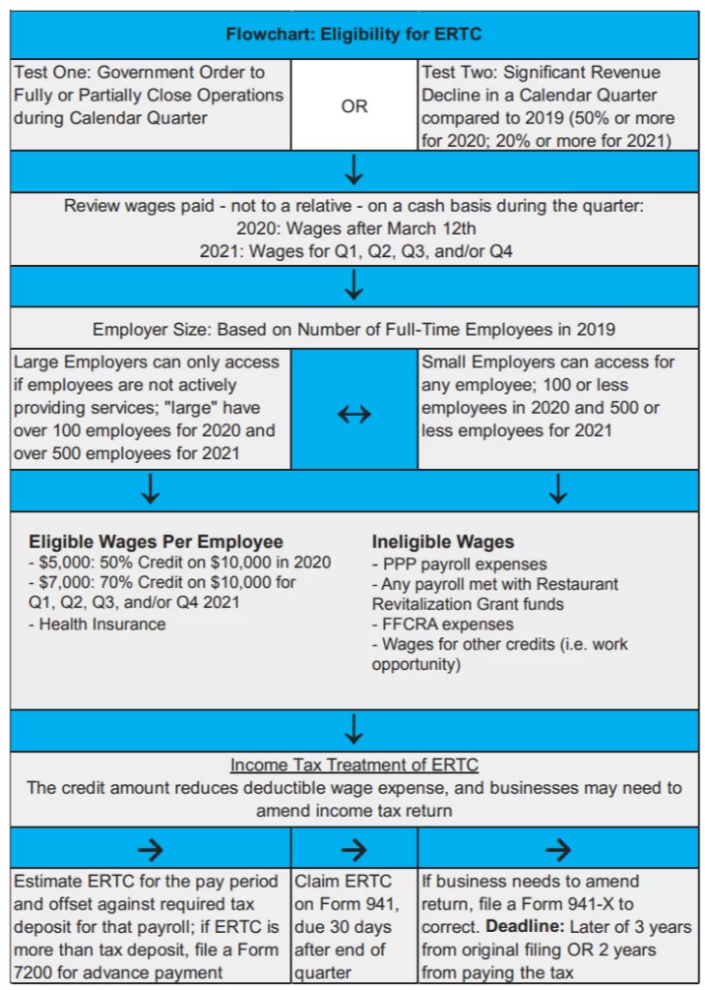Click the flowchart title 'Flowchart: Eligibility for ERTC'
pyautogui.click(x=353, y=35)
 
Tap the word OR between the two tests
pyautogui.click(x=354, y=106)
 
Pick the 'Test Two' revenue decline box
pyautogui.click(x=557, y=105)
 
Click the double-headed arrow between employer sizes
pyautogui.click(x=354, y=414)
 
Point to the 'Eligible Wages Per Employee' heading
pyautogui.click(x=156, y=541)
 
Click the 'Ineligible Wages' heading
pyautogui.click(x=443, y=541)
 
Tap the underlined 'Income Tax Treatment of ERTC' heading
pyautogui.click(x=354, y=765)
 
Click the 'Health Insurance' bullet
pyautogui.click(x=103, y=625)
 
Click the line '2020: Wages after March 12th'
pyautogui.click(x=353, y=229)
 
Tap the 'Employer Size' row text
pyautogui.click(x=353, y=330)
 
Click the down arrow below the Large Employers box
pyautogui.click(x=150, y=490)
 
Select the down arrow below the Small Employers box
pyautogui.click(x=558, y=490)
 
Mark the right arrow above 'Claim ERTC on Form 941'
pyautogui.click(x=354, y=849)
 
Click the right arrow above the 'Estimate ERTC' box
pyautogui.click(x=150, y=849)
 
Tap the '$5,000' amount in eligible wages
pyautogui.click(x=63, y=563)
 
